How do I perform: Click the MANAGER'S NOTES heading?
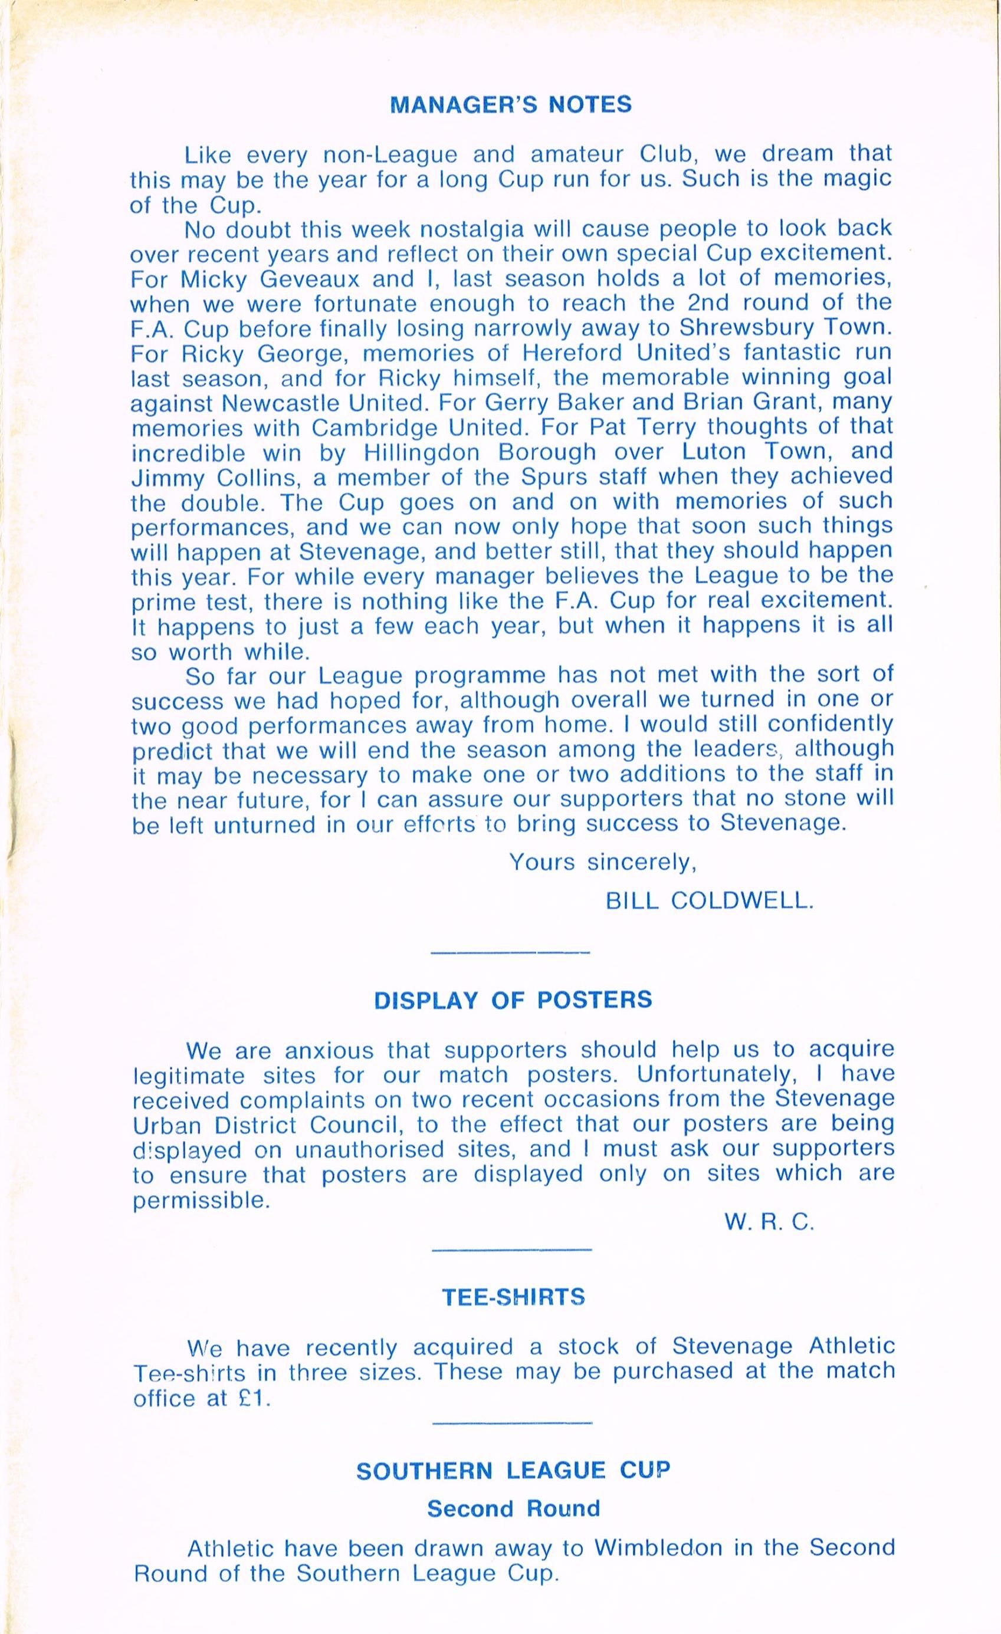pyautogui.click(x=511, y=105)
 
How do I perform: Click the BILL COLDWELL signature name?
pyautogui.click(x=709, y=900)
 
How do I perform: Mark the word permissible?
pyautogui.click(x=202, y=1201)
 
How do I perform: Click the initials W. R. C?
pyautogui.click(x=769, y=1224)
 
